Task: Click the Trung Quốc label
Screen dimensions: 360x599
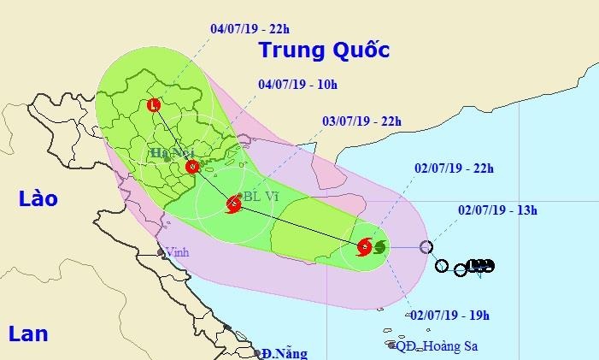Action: [x=324, y=50]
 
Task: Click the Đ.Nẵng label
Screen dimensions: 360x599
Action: [x=285, y=351]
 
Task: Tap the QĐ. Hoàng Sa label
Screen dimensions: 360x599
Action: [x=432, y=346]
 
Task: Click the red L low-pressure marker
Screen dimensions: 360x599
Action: [x=153, y=106]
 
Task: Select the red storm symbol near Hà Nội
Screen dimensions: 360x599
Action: [x=192, y=167]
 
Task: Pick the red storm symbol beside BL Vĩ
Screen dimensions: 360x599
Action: [x=233, y=204]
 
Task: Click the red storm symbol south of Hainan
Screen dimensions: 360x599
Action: [x=364, y=248]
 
